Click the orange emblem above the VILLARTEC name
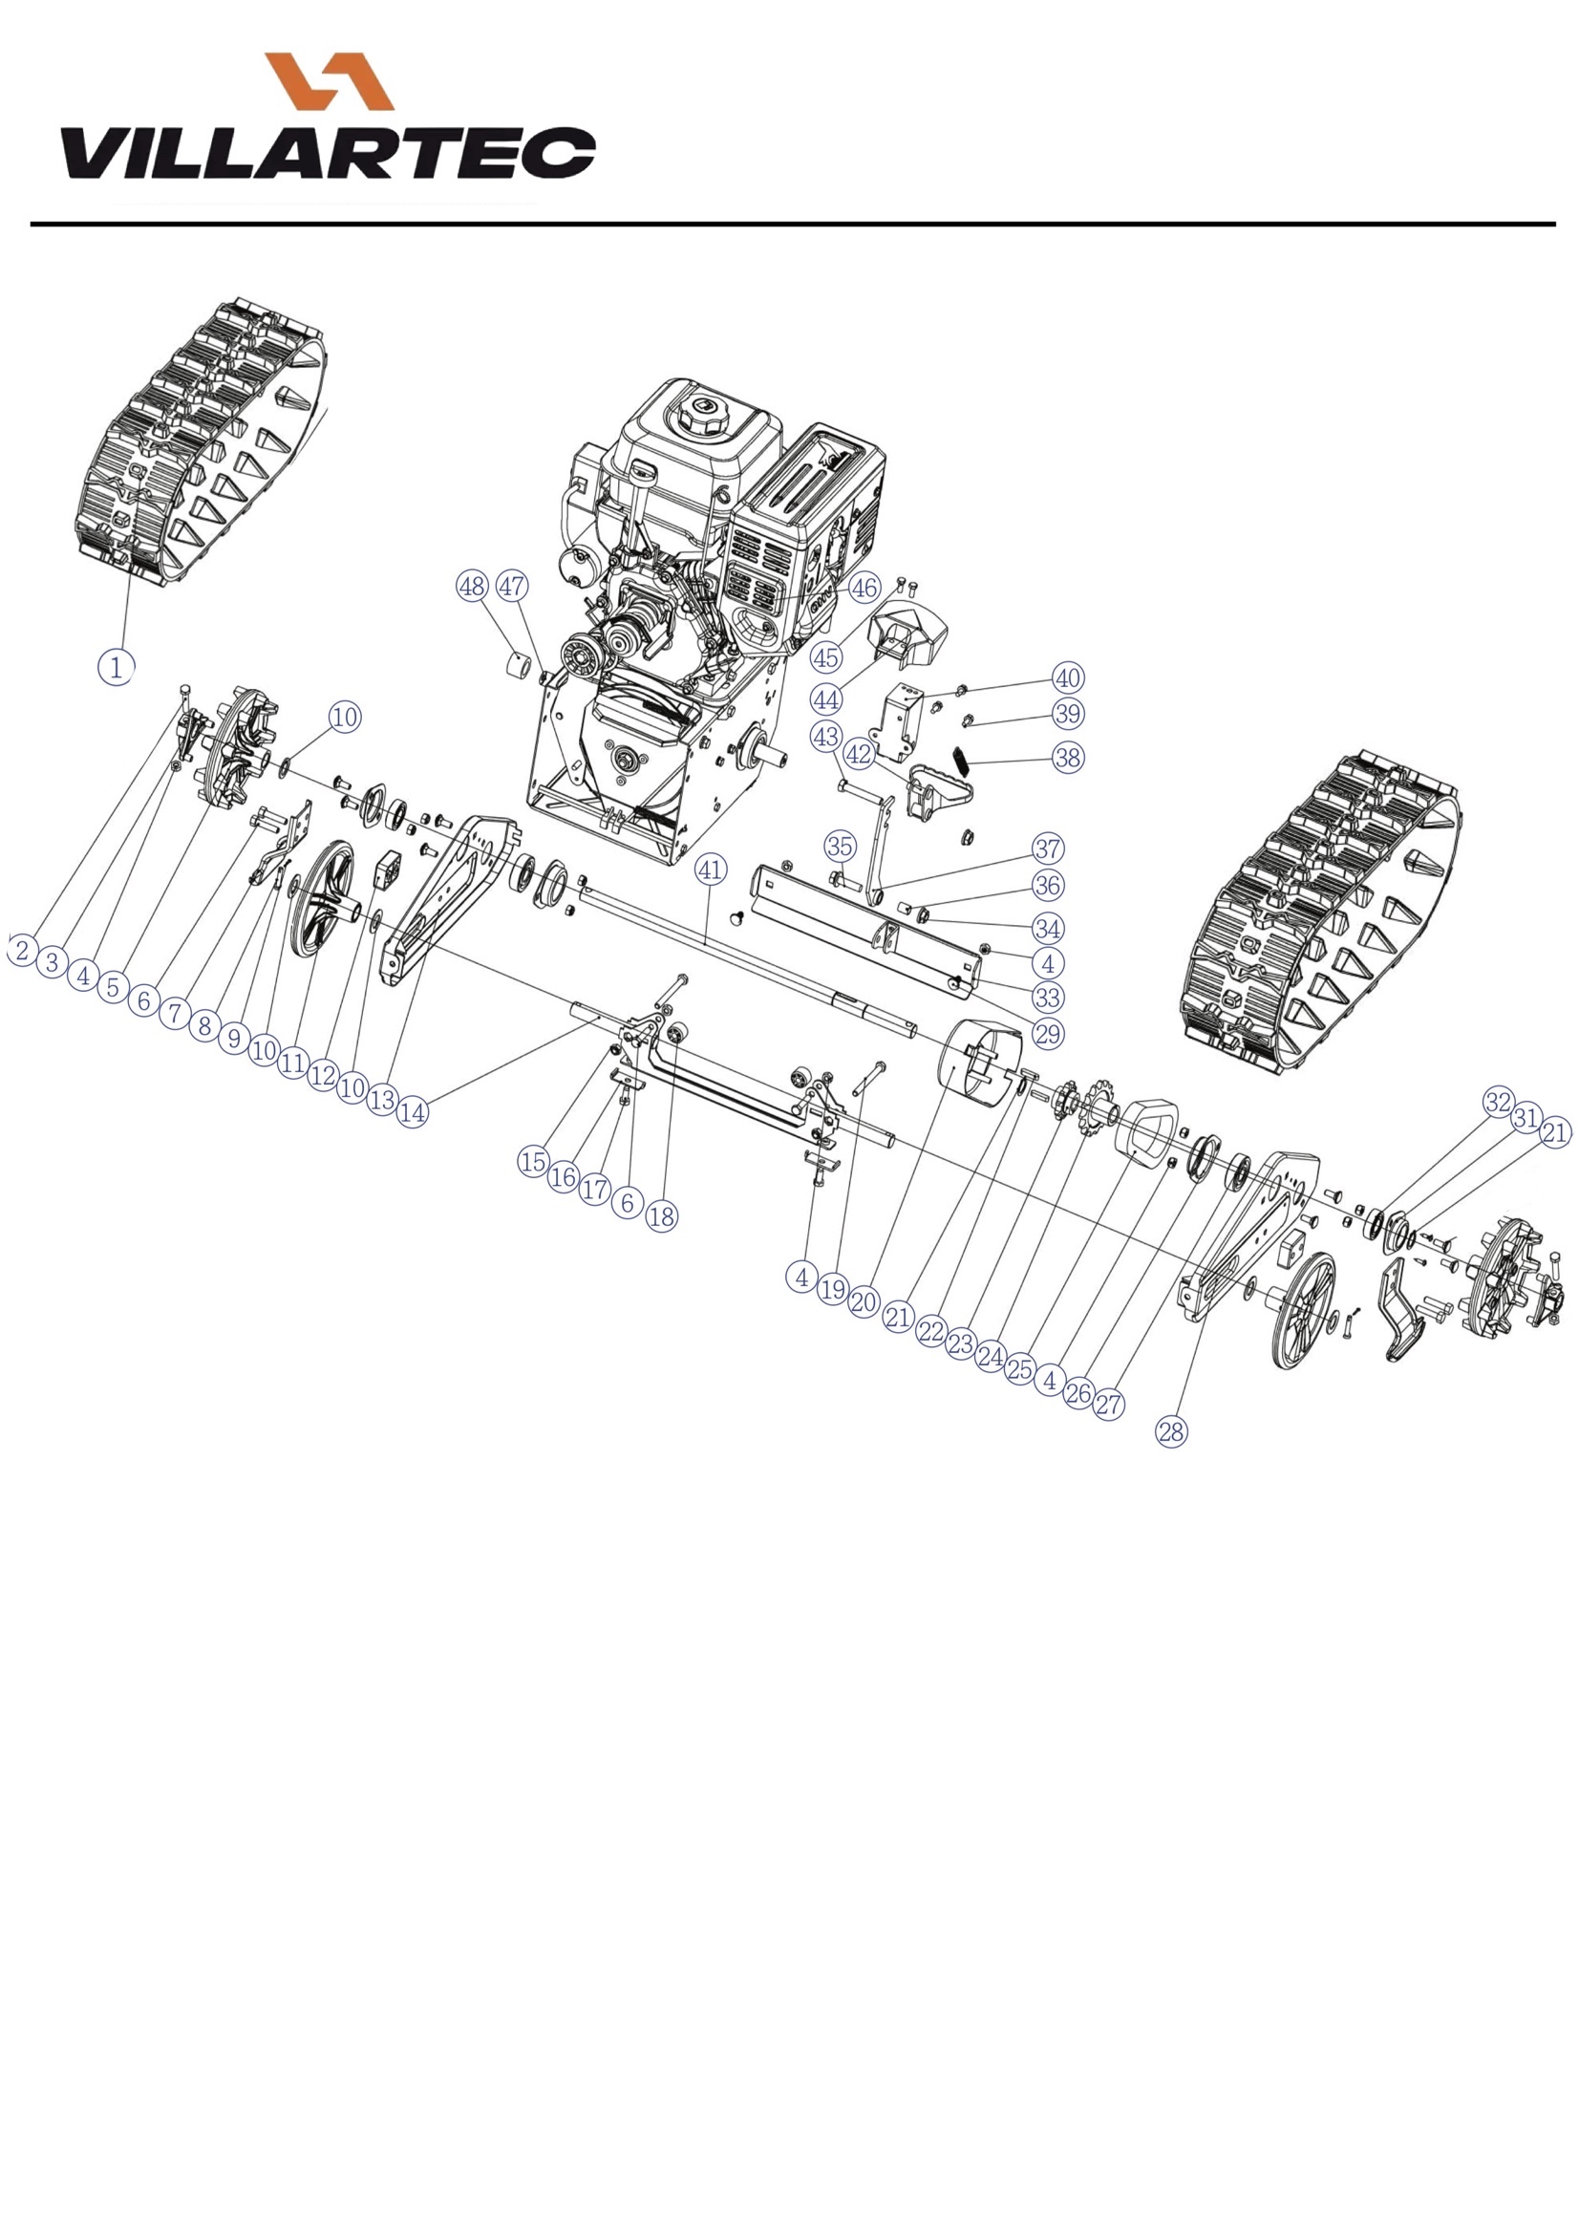pos(329,81)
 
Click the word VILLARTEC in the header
pos(329,153)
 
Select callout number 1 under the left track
pos(116,668)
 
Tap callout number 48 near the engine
pos(472,587)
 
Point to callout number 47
pos(512,587)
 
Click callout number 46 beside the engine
pos(864,588)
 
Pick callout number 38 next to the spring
pos(1068,757)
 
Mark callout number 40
pos(1068,678)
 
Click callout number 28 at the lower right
pos(1171,1430)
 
